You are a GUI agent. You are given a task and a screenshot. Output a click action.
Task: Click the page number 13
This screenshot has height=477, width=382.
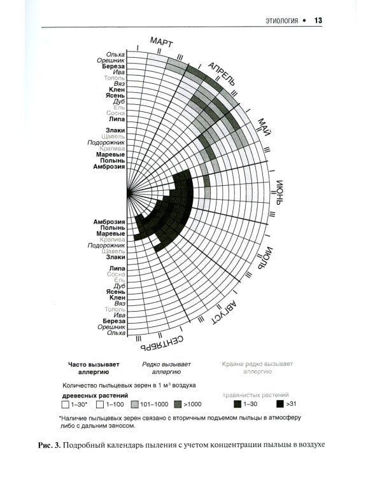318,20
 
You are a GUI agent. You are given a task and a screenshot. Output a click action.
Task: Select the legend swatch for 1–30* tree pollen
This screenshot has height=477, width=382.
66,403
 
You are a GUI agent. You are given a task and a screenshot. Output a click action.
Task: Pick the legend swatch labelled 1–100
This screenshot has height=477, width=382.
99,403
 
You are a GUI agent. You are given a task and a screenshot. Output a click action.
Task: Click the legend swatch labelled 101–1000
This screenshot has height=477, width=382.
134,403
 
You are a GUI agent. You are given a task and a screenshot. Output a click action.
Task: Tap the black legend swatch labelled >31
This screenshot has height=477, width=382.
280,403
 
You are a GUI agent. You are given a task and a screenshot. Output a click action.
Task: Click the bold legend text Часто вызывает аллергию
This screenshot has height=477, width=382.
94,368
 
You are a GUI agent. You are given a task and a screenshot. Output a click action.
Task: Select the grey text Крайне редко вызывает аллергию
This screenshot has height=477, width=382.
257,368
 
